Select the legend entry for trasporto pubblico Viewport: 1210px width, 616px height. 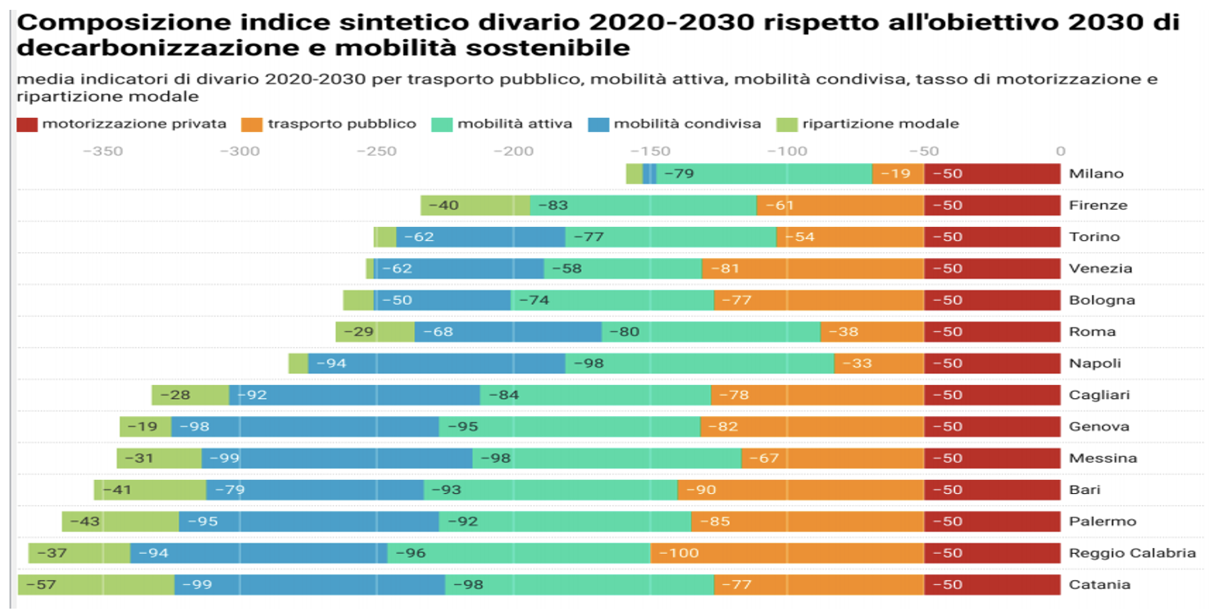pos(329,125)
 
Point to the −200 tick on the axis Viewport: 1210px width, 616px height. pos(513,152)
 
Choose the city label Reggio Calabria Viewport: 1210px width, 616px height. pos(1132,553)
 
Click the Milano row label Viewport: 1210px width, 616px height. pos(1096,174)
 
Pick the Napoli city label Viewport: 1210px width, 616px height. pos(1094,363)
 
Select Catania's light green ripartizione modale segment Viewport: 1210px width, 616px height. pos(97,585)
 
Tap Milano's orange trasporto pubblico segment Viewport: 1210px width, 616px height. pos(898,174)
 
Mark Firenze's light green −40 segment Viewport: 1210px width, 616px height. pos(475,205)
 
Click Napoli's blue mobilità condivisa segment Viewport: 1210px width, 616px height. pos(437,363)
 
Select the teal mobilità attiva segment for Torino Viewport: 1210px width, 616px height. pos(671,237)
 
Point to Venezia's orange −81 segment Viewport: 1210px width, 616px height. pos(812,269)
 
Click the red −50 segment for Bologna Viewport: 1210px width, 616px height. pos(992,300)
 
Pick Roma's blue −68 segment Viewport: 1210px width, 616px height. pos(507,332)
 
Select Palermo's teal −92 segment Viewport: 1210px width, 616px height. pos(565,521)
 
